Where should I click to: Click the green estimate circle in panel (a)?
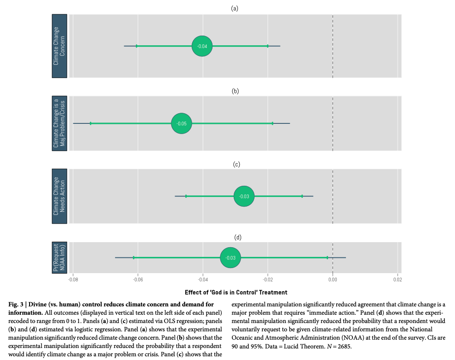click(202, 46)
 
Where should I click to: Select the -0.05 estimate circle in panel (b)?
click(182, 123)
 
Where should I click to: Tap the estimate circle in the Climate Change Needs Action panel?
click(244, 196)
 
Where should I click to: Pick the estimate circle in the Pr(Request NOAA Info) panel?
click(230, 257)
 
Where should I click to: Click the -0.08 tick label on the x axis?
click(73, 280)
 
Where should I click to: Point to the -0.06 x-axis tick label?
click(137, 280)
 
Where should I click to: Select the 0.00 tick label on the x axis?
click(333, 280)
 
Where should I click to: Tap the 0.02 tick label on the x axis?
click(397, 280)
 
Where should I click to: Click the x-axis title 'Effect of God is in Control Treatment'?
click(236, 292)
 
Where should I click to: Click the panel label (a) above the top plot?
click(235, 8)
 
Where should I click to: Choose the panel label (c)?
click(236, 164)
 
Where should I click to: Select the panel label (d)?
click(238, 238)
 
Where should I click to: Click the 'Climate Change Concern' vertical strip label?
click(59, 46)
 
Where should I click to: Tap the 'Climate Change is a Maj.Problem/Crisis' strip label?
click(59, 123)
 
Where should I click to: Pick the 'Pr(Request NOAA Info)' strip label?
click(59, 257)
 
